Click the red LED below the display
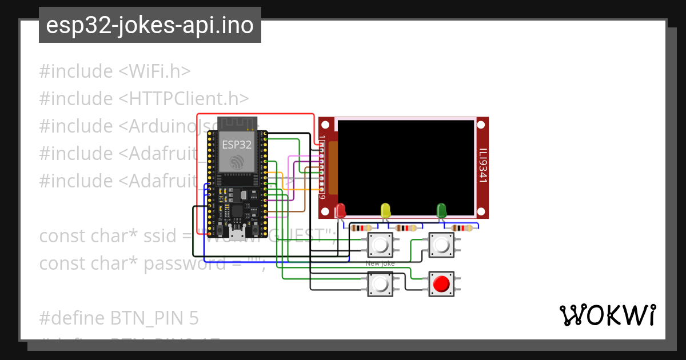pyautogui.click(x=341, y=210)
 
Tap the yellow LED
pyautogui.click(x=385, y=210)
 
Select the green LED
pyautogui.click(x=441, y=210)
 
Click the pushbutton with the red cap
pyautogui.click(x=441, y=283)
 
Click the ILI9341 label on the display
pyautogui.click(x=482, y=166)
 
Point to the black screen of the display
pyautogui.click(x=406, y=166)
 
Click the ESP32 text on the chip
pyautogui.click(x=237, y=145)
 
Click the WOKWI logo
pyautogui.click(x=607, y=315)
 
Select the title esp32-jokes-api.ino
pyautogui.click(x=150, y=25)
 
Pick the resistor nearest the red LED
pyautogui.click(x=361, y=228)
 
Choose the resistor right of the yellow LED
pyautogui.click(x=405, y=228)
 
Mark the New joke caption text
pyautogui.click(x=380, y=263)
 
